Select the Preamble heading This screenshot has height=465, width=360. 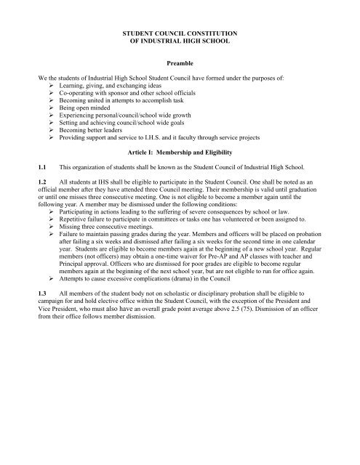(180, 63)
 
